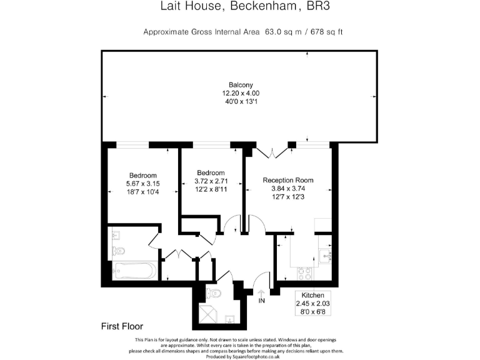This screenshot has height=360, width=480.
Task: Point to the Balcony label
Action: (x=241, y=85)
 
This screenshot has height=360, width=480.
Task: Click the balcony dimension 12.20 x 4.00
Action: (x=241, y=94)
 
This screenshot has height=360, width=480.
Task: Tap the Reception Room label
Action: (x=288, y=180)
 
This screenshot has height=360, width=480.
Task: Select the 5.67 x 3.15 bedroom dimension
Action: (x=143, y=184)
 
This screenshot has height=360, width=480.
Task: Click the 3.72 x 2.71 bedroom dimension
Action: (x=211, y=181)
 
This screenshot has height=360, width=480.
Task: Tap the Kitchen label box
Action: (x=313, y=303)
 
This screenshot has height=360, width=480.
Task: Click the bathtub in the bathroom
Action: (x=135, y=271)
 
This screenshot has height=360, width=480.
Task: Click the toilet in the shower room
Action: (x=214, y=292)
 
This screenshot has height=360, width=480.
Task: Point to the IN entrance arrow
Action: (x=261, y=295)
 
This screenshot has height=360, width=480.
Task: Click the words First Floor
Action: (x=122, y=326)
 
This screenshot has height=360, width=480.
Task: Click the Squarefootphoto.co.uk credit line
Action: (x=240, y=356)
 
